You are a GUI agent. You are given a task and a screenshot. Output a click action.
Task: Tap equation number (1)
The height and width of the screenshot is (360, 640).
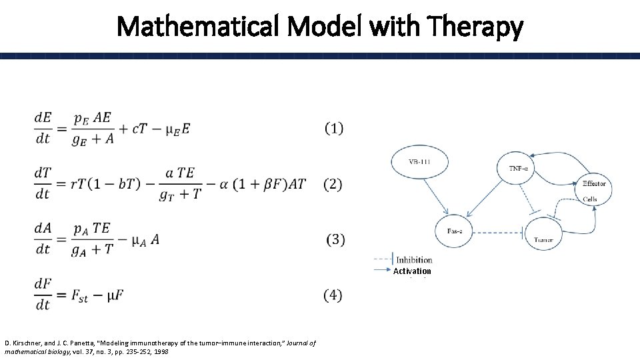click(x=334, y=129)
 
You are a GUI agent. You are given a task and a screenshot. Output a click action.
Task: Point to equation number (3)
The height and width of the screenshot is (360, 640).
click(x=335, y=239)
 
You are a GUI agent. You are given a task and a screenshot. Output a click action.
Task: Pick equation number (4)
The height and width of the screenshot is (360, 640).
click(x=333, y=294)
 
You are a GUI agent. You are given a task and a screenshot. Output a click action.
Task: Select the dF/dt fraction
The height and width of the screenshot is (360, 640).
click(x=43, y=295)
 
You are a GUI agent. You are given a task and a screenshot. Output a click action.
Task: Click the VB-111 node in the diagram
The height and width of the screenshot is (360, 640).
click(x=424, y=163)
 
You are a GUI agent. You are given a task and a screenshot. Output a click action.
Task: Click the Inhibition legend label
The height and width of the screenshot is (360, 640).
click(x=413, y=260)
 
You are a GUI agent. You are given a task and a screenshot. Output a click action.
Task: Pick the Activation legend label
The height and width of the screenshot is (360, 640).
click(x=412, y=271)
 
